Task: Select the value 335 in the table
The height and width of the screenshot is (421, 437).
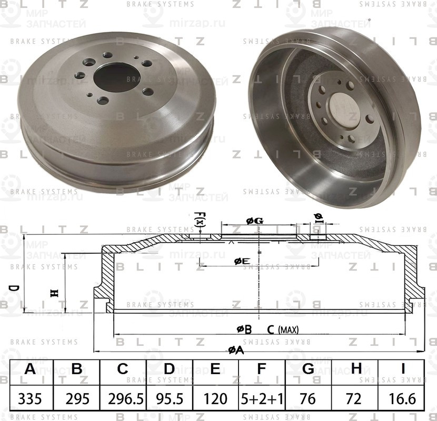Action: (31, 399)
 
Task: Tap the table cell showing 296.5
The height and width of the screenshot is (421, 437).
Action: (123, 399)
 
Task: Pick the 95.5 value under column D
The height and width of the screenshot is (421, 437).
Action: (169, 399)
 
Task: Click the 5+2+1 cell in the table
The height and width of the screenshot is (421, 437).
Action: (262, 399)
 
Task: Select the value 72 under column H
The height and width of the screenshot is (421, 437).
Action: (355, 399)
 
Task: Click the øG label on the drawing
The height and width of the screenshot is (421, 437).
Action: (254, 222)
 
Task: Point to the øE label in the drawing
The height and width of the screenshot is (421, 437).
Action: (242, 261)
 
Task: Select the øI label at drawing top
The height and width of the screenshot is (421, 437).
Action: (317, 217)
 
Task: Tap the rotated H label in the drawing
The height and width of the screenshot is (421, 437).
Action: (53, 293)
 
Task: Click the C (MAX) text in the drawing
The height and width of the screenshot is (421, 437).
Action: (283, 330)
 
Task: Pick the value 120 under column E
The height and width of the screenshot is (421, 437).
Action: (215, 399)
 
